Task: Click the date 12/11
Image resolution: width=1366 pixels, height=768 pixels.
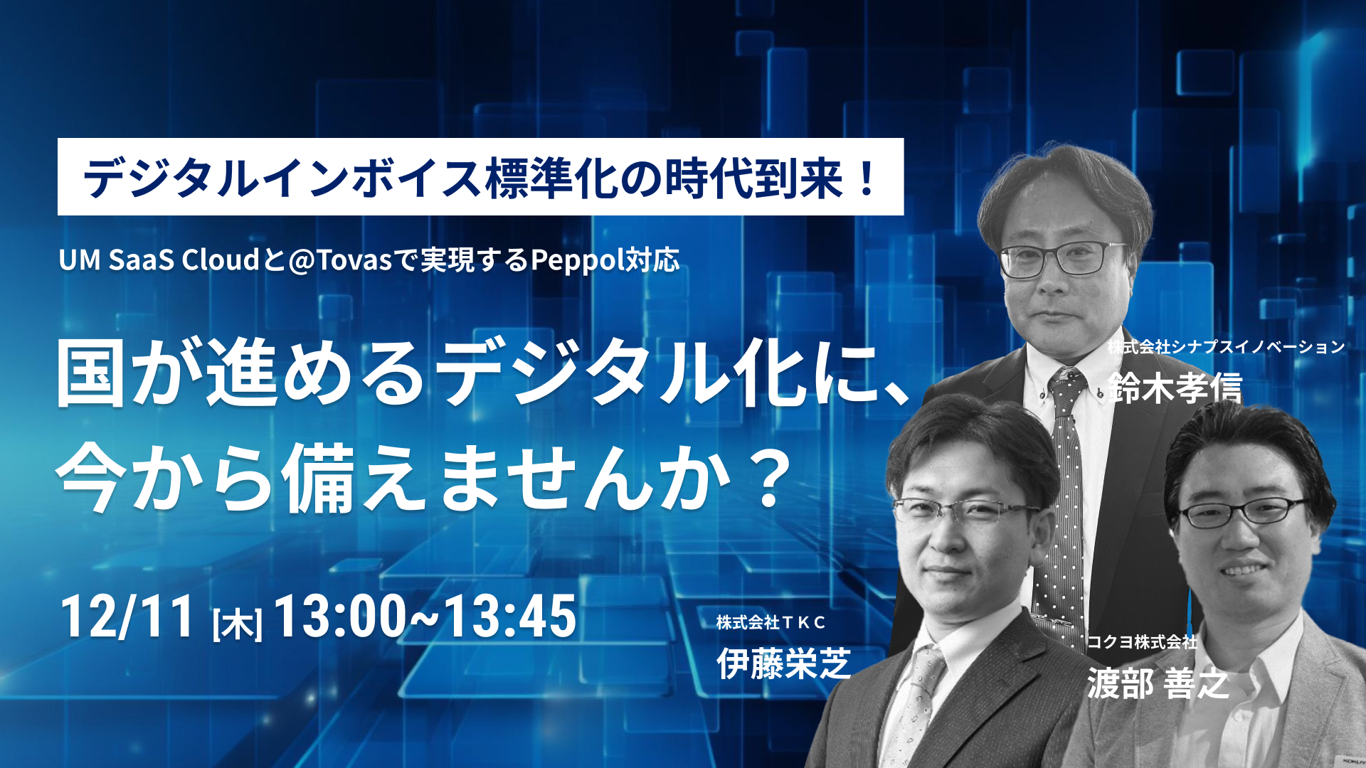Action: (x=127, y=616)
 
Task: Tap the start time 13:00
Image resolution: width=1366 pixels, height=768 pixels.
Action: (x=339, y=616)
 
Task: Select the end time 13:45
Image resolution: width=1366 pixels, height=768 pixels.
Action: (x=509, y=616)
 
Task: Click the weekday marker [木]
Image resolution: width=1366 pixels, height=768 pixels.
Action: (x=238, y=624)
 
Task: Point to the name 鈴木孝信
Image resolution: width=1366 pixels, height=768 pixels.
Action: (x=1175, y=388)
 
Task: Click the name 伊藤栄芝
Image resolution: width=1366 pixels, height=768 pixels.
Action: (x=783, y=664)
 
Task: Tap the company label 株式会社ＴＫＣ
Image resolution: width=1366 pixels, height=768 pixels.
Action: (x=771, y=623)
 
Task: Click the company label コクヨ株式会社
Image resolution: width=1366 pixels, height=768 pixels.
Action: (x=1142, y=642)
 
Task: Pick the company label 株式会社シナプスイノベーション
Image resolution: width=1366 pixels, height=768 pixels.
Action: (x=1226, y=347)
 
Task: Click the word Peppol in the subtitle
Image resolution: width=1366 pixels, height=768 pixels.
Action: (x=577, y=260)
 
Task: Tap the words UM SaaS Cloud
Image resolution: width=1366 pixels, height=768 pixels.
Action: (x=159, y=260)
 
